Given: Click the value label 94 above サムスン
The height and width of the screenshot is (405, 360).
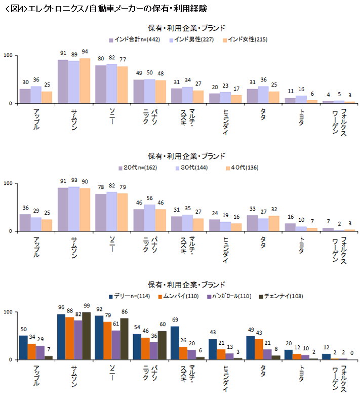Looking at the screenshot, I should pos(85,52).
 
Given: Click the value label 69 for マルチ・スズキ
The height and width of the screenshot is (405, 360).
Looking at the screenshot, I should pos(175,320).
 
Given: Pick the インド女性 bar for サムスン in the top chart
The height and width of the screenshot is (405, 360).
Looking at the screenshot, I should pos(85,81).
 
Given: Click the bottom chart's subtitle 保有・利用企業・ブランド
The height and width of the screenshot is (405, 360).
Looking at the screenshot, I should pos(186,285).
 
